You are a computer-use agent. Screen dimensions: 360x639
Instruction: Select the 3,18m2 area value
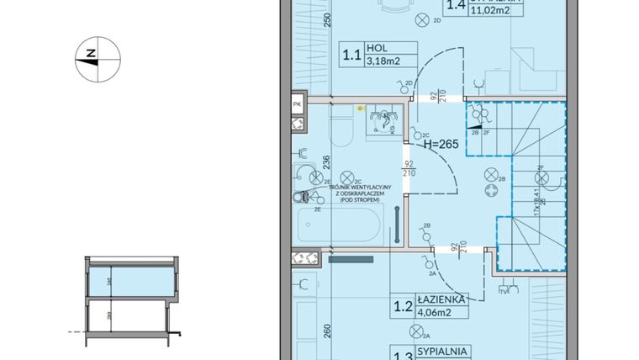383,61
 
